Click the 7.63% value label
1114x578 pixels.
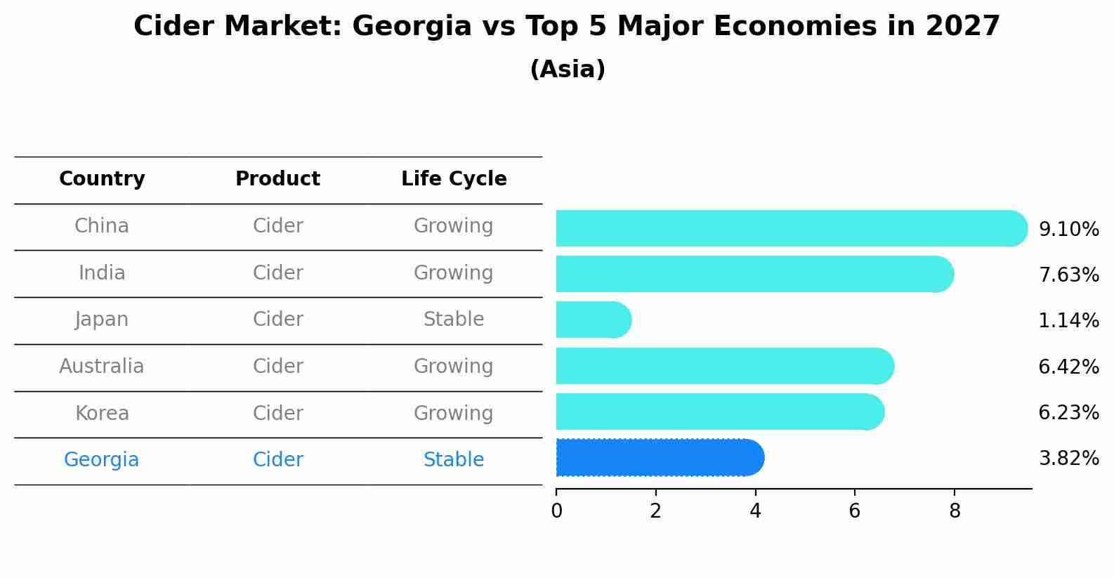click(x=1068, y=275)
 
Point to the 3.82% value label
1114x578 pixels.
click(x=1068, y=459)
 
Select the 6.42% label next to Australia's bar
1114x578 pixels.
click(x=1068, y=367)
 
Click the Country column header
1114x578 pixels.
click(x=102, y=179)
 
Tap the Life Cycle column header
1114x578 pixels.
click(x=454, y=179)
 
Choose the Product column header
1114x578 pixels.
click(x=277, y=179)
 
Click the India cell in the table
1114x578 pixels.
click(x=102, y=273)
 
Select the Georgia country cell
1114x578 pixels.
click(x=102, y=460)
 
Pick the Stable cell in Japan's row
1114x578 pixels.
click(x=454, y=320)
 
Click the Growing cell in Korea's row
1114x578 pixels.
click(x=454, y=413)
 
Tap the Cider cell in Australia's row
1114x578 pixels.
click(x=277, y=367)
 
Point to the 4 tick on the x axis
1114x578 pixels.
click(x=755, y=511)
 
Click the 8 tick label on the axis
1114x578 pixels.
click(x=954, y=511)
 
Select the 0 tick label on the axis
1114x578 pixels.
click(x=556, y=511)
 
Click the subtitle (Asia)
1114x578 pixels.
click(x=568, y=70)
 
